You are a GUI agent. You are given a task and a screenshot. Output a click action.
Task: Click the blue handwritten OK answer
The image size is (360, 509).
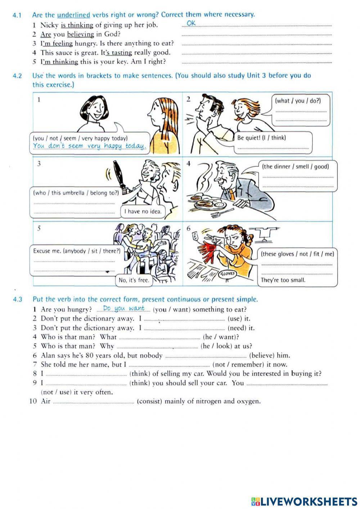(192, 23)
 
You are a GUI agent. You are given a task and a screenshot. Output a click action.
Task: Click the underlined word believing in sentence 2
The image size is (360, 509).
(80, 34)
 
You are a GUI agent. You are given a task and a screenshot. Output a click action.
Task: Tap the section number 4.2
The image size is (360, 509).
(17, 76)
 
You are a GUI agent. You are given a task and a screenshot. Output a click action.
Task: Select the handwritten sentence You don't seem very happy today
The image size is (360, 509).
(89, 146)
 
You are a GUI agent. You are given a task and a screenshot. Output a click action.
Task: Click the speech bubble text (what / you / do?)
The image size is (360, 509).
(297, 101)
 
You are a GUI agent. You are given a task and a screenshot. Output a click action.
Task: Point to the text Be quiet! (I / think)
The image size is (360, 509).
(261, 138)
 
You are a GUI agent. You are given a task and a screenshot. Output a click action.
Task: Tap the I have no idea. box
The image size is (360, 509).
(143, 211)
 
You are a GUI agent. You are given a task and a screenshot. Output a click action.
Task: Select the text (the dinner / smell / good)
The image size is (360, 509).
(295, 166)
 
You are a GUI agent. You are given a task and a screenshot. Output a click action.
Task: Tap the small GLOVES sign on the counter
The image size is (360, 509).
(227, 273)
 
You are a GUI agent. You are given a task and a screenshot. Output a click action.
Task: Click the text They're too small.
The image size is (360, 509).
(283, 280)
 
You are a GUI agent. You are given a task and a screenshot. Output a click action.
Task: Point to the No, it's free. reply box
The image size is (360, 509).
(134, 280)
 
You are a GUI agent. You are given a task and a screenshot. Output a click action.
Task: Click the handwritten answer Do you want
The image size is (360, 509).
(123, 308)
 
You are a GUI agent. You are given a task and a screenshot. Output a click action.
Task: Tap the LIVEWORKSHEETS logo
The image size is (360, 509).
(304, 501)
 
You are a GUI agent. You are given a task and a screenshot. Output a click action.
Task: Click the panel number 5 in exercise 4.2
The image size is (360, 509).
(39, 228)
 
